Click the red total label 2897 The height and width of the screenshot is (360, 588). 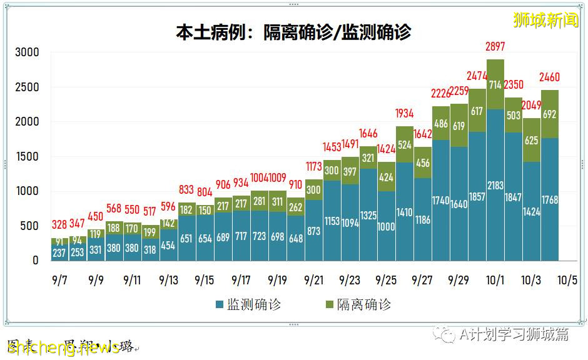(495, 47)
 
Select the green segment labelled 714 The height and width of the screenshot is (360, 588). (495, 85)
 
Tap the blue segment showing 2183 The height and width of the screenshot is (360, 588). (495, 185)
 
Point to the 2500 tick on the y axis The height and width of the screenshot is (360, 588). (27, 87)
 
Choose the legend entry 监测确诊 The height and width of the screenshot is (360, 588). (248, 304)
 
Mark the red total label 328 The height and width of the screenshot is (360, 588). (59, 225)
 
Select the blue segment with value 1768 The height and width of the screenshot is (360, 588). (550, 199)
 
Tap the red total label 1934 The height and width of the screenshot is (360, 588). (405, 114)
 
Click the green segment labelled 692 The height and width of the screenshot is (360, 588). (550, 114)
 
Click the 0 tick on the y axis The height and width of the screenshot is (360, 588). (36, 260)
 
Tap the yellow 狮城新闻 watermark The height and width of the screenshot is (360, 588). (545, 20)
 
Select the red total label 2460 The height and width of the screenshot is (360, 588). (550, 78)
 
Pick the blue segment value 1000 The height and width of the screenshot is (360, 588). (386, 226)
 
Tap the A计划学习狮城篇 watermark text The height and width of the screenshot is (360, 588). (513, 334)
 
